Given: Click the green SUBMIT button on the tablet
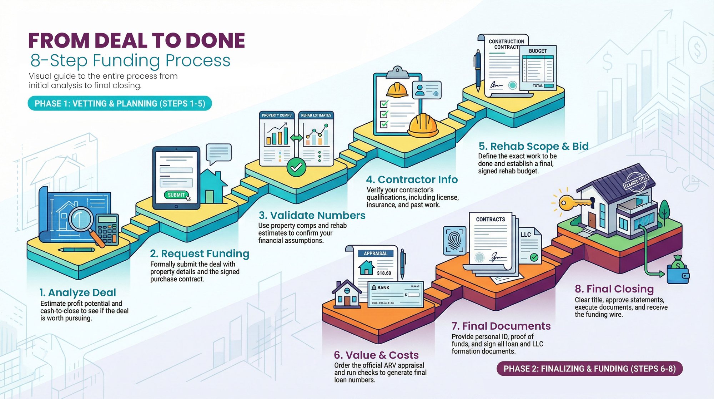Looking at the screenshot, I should tap(176, 195).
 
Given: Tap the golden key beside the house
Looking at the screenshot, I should tap(571, 203).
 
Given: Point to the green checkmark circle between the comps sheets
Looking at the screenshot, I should tap(296, 167).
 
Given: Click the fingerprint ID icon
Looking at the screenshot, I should tap(454, 240).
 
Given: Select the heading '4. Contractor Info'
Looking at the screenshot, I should tap(412, 179).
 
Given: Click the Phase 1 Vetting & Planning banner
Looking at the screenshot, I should tap(120, 104).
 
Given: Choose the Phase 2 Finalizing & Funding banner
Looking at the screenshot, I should tap(589, 369).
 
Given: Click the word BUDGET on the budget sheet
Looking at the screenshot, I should tap(538, 51).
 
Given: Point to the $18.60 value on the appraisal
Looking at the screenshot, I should tap(384, 273).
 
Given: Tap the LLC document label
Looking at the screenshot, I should tap(526, 235).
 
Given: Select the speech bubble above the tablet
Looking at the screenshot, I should tap(218, 153).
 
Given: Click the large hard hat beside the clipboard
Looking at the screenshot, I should tap(423, 125).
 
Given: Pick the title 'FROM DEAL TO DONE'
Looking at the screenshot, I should tap(137, 40).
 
